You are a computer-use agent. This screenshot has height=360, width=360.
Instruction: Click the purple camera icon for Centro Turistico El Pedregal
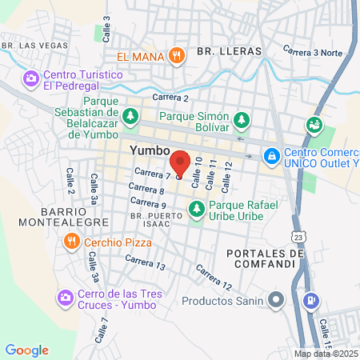[30, 78]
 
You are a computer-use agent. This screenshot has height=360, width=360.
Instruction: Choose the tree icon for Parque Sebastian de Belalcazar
[130, 117]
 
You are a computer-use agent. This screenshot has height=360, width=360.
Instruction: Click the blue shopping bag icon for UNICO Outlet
[272, 154]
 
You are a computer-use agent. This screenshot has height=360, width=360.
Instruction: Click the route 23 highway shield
[298, 237]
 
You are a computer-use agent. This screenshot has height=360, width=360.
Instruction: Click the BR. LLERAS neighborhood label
[229, 50]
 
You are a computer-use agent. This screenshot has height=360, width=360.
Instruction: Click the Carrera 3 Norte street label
[315, 54]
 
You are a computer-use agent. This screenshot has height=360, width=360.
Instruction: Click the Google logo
[26, 350]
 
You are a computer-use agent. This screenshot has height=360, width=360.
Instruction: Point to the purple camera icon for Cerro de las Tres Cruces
[65, 298]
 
